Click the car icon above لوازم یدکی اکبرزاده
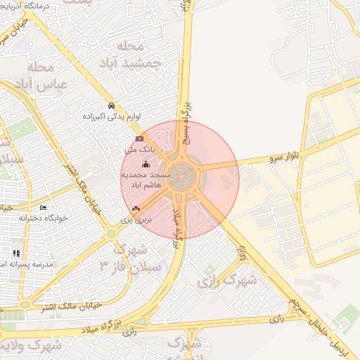pos(111,106)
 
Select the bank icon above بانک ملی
pos(139,139)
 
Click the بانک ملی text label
pos(139,150)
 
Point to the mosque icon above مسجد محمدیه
pos(146,165)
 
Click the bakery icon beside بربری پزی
pos(136,208)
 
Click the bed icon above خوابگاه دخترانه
pos(43,208)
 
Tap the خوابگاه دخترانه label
pos(43,218)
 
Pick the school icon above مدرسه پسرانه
pos(15,253)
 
